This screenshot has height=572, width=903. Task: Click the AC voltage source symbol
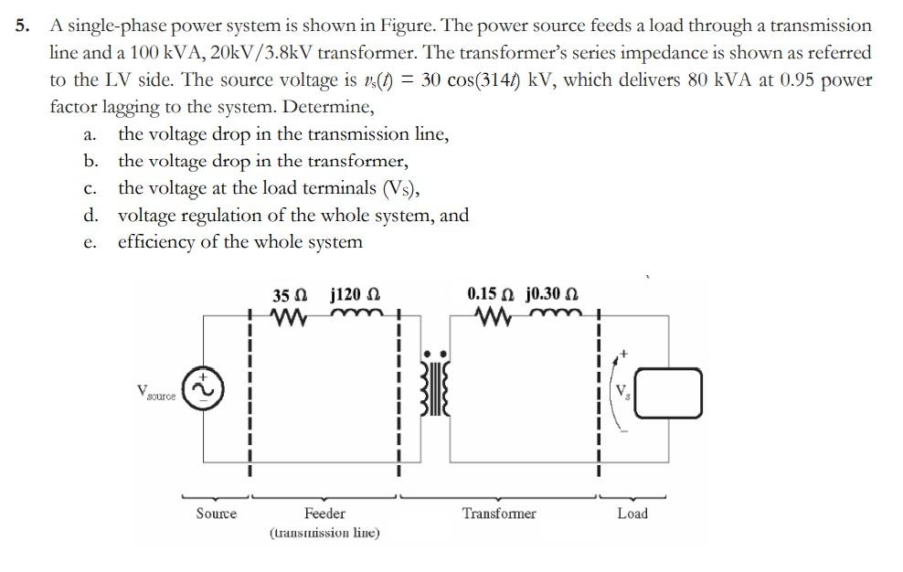pos(203,389)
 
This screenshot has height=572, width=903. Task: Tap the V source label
pos(156,392)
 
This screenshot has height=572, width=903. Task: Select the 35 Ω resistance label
pos(290,295)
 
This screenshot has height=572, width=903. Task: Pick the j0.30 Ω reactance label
pos(552,294)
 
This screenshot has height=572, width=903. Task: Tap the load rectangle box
pos(668,393)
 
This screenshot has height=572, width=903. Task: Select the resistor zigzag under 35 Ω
pos(288,317)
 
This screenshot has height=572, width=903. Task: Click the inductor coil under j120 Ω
pos(355,316)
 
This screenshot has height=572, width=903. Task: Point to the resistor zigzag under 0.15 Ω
pos(494,316)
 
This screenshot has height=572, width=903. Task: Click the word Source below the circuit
pos(217,514)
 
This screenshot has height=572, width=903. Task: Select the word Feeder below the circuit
pos(324,514)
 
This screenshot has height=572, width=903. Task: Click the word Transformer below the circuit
pos(499,514)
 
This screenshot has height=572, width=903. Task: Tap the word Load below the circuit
pos(632,514)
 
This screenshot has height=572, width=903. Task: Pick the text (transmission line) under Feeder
pos(324,533)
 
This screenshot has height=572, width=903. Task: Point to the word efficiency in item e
pos(161,242)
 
